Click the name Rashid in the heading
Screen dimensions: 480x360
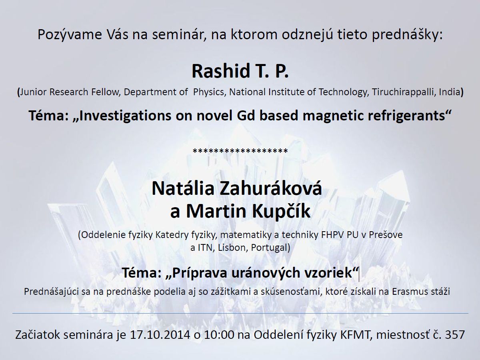pos(221,71)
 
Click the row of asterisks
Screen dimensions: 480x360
pos(240,151)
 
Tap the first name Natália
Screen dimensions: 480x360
pos(183,188)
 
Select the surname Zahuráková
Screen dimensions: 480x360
pos(271,188)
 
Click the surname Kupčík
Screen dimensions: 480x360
pos(281,211)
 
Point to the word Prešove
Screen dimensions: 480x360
pos(386,235)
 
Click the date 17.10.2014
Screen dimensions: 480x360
pos(160,335)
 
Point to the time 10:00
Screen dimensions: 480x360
pos(219,335)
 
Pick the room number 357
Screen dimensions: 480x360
pos(455,335)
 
